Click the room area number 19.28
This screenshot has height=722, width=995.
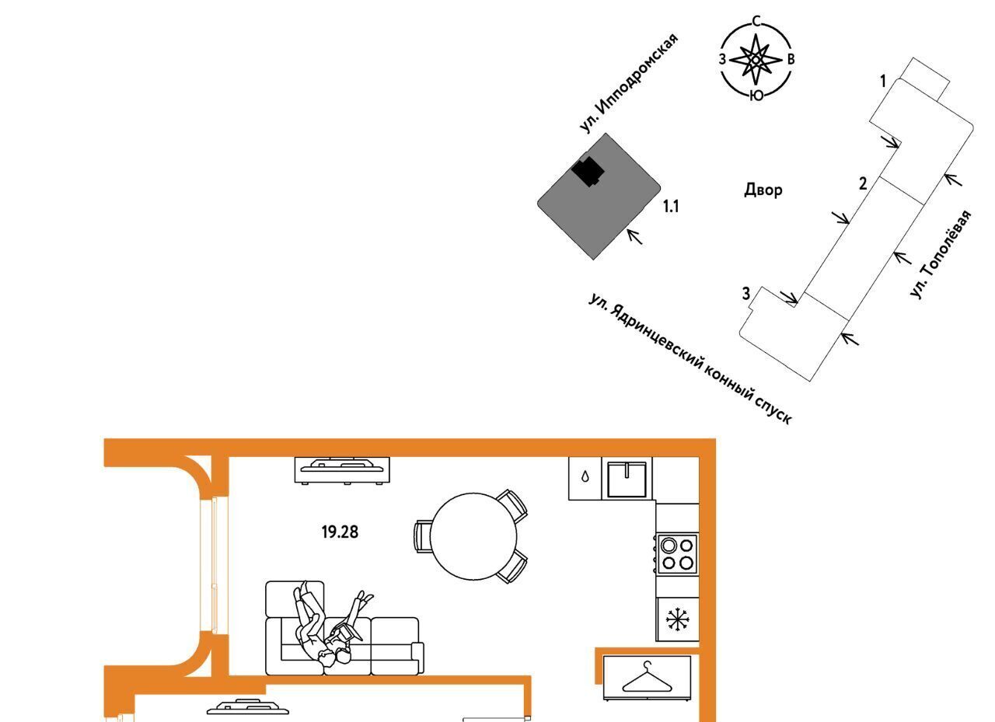[x=340, y=532]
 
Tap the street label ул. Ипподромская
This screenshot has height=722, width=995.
[x=630, y=82]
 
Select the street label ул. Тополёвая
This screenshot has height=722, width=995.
[x=941, y=254]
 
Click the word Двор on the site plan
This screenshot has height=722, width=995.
[x=763, y=190]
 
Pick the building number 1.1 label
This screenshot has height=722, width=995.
[x=671, y=207]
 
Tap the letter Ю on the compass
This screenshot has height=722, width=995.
[x=756, y=96]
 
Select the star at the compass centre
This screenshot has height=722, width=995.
[x=756, y=58]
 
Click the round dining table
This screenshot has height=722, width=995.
[x=473, y=536]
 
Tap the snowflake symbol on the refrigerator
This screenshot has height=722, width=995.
[x=677, y=619]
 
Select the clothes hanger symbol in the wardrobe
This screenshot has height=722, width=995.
[x=648, y=677]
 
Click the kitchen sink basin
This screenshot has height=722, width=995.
[x=627, y=479]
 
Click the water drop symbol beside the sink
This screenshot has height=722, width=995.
[x=585, y=476]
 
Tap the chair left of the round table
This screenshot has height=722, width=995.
[x=422, y=536]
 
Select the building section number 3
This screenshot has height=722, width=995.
[x=745, y=294]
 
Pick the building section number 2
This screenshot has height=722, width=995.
[x=863, y=183]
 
